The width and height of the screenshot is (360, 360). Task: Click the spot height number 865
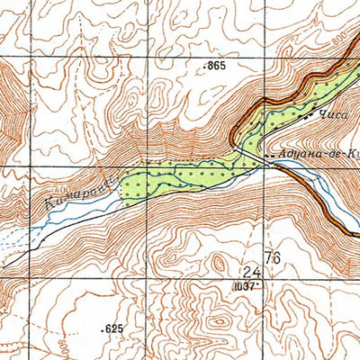click(x=216, y=67)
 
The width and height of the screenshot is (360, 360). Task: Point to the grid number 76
click(x=273, y=258)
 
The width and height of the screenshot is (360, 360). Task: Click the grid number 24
click(x=251, y=271)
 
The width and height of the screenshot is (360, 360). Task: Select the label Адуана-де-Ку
click(x=319, y=155)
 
